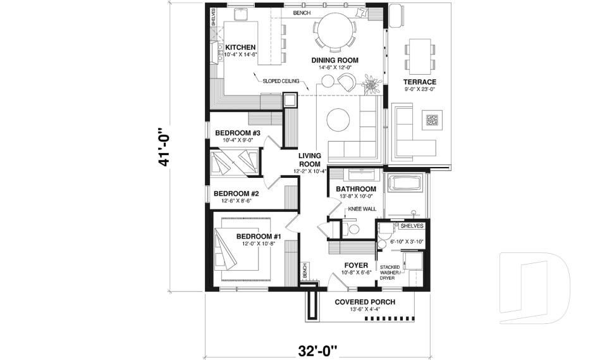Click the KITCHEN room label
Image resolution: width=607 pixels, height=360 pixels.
240,47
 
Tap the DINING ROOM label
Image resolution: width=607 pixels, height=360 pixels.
334,61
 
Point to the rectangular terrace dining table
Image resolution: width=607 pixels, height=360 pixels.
419,55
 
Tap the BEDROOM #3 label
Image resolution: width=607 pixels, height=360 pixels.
238,133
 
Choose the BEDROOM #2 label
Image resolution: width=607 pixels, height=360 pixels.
236,194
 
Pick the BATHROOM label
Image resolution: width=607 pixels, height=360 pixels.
356,189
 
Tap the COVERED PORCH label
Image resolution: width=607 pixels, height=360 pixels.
365,302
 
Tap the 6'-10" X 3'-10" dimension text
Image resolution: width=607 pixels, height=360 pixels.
406,241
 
